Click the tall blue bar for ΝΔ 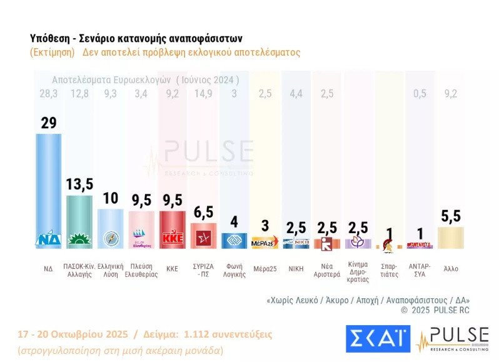pos(48,188)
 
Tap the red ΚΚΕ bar pos(172,228)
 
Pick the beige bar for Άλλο pos(450,238)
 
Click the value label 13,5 pos(79,184)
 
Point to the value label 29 pos(48,123)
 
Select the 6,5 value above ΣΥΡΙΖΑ pos(203,211)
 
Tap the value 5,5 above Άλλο pos(450,216)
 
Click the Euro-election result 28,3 pos(48,94)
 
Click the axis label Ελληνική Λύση pos(110,271)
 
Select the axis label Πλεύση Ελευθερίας pos(141,271)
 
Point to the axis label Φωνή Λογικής pos(234,271)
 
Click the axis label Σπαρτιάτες pos(389,271)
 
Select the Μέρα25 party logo pos(265,243)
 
